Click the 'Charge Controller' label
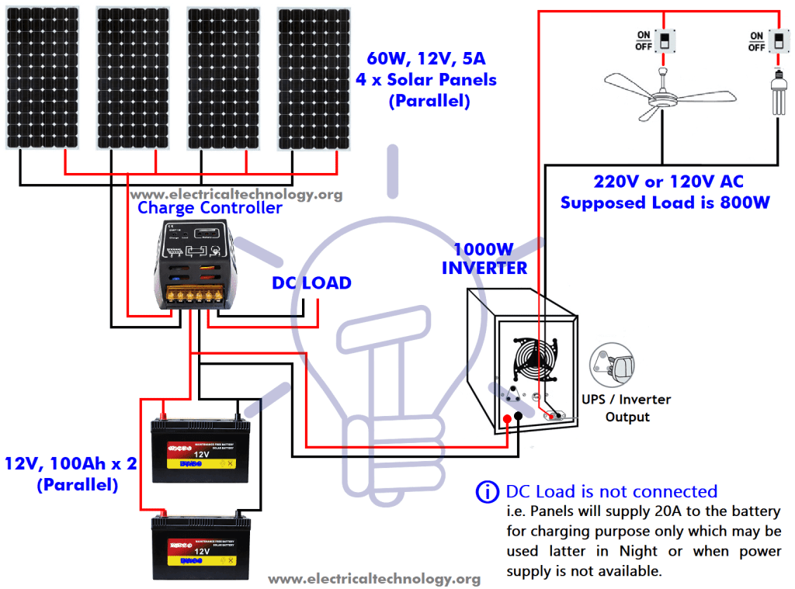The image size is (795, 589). click(210, 208)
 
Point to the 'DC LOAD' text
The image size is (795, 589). click(311, 283)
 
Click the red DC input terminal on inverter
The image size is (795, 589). click(507, 420)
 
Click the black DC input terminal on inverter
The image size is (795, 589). click(518, 420)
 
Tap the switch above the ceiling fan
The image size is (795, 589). click(664, 40)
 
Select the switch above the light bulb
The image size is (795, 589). click(777, 40)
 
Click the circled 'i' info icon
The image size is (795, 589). click(487, 491)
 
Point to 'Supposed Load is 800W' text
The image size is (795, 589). click(665, 203)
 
